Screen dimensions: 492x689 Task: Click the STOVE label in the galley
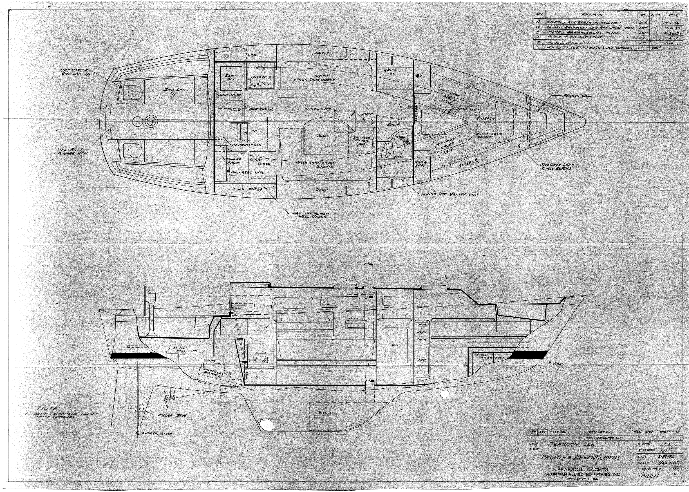click(x=260, y=77)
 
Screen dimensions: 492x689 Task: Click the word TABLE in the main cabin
click(x=323, y=136)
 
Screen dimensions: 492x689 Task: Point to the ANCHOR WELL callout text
click(x=577, y=96)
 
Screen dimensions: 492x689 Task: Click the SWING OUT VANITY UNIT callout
click(x=450, y=194)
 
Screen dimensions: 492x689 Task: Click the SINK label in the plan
click(x=235, y=110)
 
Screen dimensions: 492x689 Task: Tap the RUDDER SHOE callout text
click(x=172, y=415)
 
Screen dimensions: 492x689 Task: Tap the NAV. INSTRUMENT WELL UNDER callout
click(x=312, y=215)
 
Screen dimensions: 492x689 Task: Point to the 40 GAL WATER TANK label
click(x=487, y=357)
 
